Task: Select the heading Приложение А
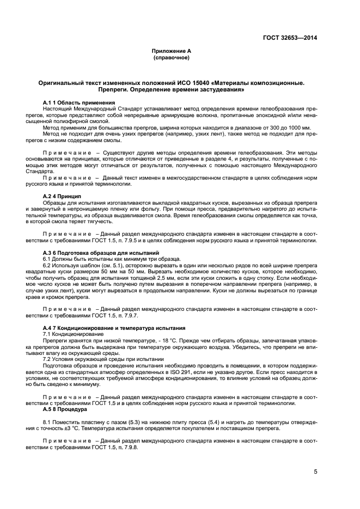171,51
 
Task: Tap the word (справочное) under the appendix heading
171,57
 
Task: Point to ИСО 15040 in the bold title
191,83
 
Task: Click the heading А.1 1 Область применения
79,103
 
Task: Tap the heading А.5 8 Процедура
65,409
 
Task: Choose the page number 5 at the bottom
315,472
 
